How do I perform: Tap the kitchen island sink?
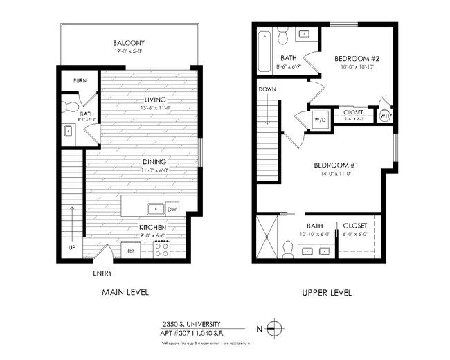coord(155,208)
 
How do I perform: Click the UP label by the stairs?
coord(71,246)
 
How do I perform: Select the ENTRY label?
coord(102,273)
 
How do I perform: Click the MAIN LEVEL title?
coord(125,292)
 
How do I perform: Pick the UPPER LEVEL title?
coord(327,293)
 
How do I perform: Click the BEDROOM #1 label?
coord(335,165)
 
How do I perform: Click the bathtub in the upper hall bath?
coord(264,51)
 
